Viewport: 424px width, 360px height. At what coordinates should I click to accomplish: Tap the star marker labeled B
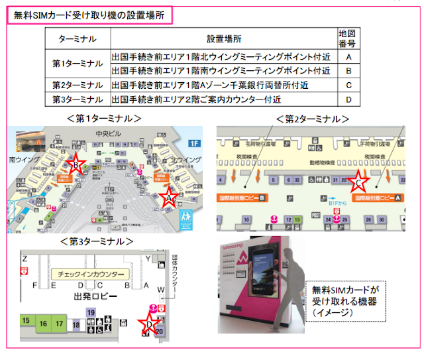click(76, 166)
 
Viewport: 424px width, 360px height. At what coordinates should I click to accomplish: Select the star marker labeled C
click(358, 179)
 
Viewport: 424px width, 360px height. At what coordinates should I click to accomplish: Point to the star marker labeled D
click(150, 323)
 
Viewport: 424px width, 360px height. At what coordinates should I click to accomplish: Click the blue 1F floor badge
click(194, 143)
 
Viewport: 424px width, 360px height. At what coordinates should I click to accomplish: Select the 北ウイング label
click(185, 160)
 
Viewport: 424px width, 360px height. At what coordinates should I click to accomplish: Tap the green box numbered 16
click(43, 324)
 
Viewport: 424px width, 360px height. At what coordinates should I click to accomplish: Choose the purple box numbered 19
click(91, 312)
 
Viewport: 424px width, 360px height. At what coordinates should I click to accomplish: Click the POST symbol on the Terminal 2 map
click(316, 215)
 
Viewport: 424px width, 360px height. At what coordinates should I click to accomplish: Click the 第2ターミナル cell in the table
click(78, 85)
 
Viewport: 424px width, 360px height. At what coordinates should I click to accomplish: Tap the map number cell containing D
click(348, 99)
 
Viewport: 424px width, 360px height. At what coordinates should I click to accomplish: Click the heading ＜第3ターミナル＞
click(95, 241)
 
